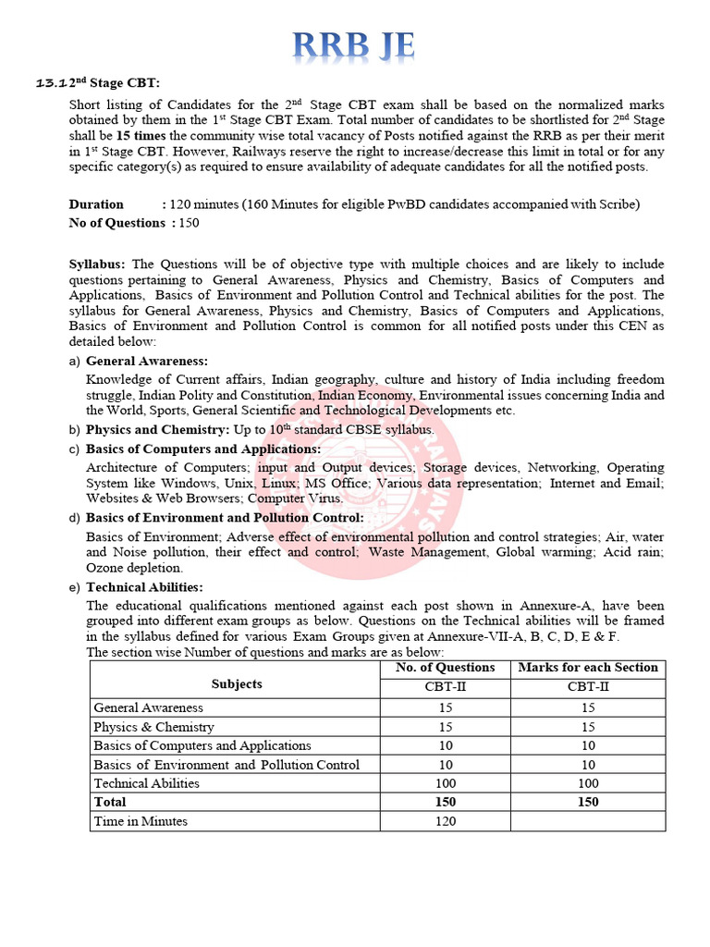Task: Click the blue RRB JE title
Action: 354,44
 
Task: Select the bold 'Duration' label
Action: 96,204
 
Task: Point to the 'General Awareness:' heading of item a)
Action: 147,361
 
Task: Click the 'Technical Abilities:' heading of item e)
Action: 144,587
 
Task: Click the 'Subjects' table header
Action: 236,684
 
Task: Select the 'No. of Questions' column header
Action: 445,668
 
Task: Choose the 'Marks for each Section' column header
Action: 588,668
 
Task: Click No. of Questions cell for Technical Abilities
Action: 445,783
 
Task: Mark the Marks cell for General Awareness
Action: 588,707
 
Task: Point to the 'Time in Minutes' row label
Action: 141,821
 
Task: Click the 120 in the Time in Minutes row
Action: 445,821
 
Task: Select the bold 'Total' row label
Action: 110,802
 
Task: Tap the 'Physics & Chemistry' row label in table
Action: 153,727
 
